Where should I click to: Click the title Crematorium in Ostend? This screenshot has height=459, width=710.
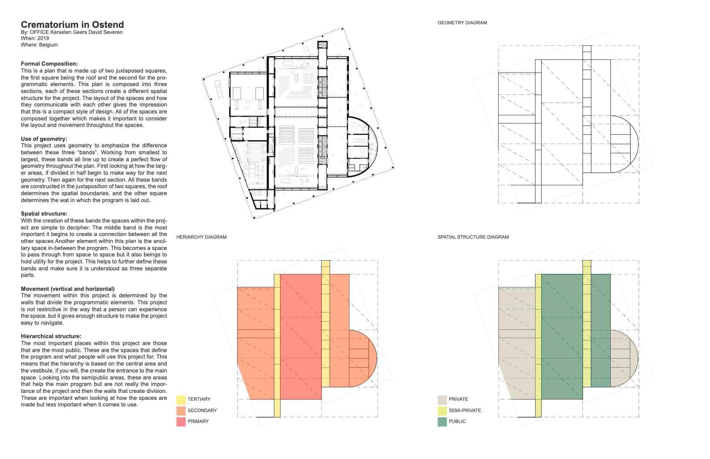point(72,25)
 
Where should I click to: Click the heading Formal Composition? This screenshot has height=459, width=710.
point(49,64)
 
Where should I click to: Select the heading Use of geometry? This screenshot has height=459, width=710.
point(44,139)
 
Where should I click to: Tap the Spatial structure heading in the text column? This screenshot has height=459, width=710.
point(44,214)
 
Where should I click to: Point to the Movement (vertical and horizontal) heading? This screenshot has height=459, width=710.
point(68,289)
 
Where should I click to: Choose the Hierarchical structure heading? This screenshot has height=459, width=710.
point(51,336)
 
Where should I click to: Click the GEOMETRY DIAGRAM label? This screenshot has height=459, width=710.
point(462,23)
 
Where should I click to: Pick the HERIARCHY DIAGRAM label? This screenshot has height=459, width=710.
point(201,237)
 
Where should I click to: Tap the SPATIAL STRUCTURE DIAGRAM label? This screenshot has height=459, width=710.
point(473,237)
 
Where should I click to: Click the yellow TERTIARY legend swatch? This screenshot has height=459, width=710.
point(181,399)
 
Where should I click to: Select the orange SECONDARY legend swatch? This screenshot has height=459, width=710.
point(181,410)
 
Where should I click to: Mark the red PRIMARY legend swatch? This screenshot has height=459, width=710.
point(181,422)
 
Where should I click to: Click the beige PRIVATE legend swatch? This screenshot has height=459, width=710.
point(442,399)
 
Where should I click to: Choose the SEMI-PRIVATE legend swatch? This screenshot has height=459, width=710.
point(442,410)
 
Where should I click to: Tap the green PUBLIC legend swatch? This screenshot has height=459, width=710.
point(442,422)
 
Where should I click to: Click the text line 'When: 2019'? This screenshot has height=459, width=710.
point(35,38)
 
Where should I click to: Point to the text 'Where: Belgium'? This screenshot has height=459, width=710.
point(39,45)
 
